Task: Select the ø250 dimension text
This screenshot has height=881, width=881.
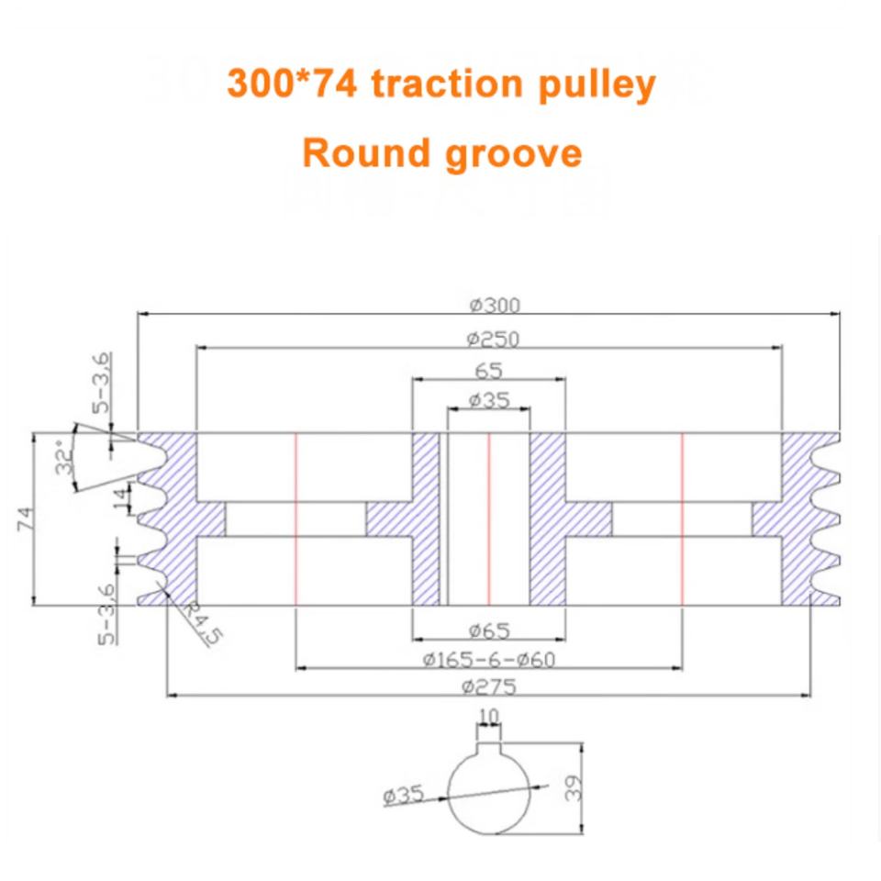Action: click(x=492, y=340)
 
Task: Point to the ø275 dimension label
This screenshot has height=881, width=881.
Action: click(x=489, y=686)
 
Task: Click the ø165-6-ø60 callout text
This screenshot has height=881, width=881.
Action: click(x=489, y=660)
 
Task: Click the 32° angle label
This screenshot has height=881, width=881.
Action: click(x=63, y=456)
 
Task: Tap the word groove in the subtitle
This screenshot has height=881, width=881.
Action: click(x=513, y=153)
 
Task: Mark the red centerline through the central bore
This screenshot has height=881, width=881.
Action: click(x=488, y=519)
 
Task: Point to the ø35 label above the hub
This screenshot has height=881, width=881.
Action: click(x=487, y=401)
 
